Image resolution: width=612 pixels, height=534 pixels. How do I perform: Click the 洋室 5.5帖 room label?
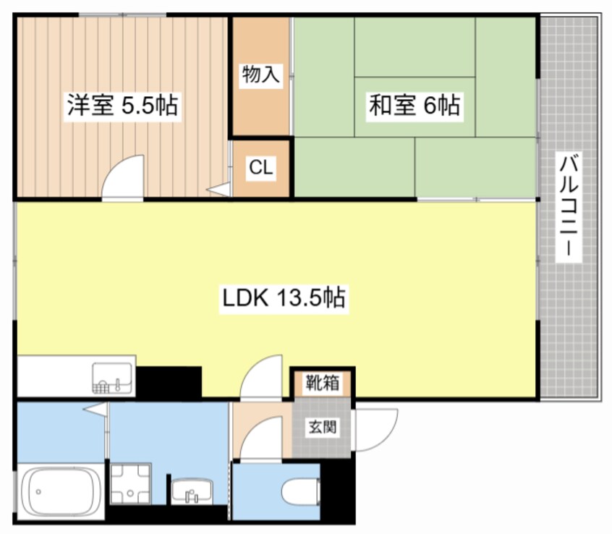pos(122,106)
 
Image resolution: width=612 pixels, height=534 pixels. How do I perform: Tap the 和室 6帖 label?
pos(414,106)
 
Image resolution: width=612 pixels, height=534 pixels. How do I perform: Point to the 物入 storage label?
pos(260,75)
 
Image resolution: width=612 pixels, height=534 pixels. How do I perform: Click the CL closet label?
pos(260,168)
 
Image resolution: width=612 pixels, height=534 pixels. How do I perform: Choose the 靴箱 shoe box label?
pos(322,382)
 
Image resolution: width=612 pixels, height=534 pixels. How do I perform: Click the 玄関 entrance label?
pos(322,427)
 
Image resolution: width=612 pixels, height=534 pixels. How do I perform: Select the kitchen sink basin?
pos(112,376)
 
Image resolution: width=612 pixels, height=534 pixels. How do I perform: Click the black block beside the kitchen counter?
pos(169,381)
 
